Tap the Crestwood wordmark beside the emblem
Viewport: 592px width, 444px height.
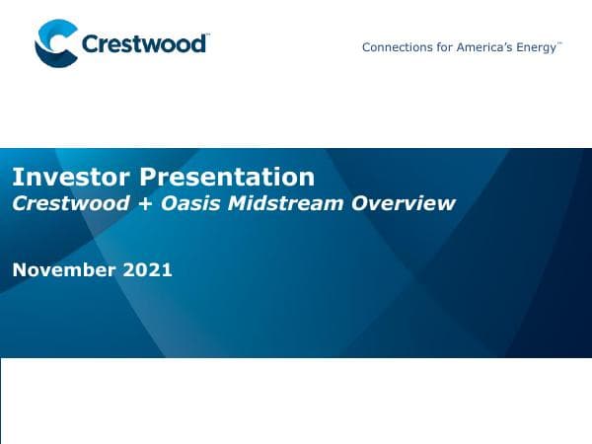pyautogui.click(x=144, y=44)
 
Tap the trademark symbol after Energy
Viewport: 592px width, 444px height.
pyautogui.click(x=560, y=44)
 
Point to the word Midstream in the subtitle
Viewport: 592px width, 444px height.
pyautogui.click(x=291, y=203)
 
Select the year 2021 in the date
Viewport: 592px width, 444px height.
pyautogui.click(x=148, y=269)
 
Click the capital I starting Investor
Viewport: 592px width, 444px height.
pyautogui.click(x=16, y=178)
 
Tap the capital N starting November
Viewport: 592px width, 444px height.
pyautogui.click(x=19, y=269)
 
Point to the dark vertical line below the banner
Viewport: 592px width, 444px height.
pyautogui.click(x=1, y=400)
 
